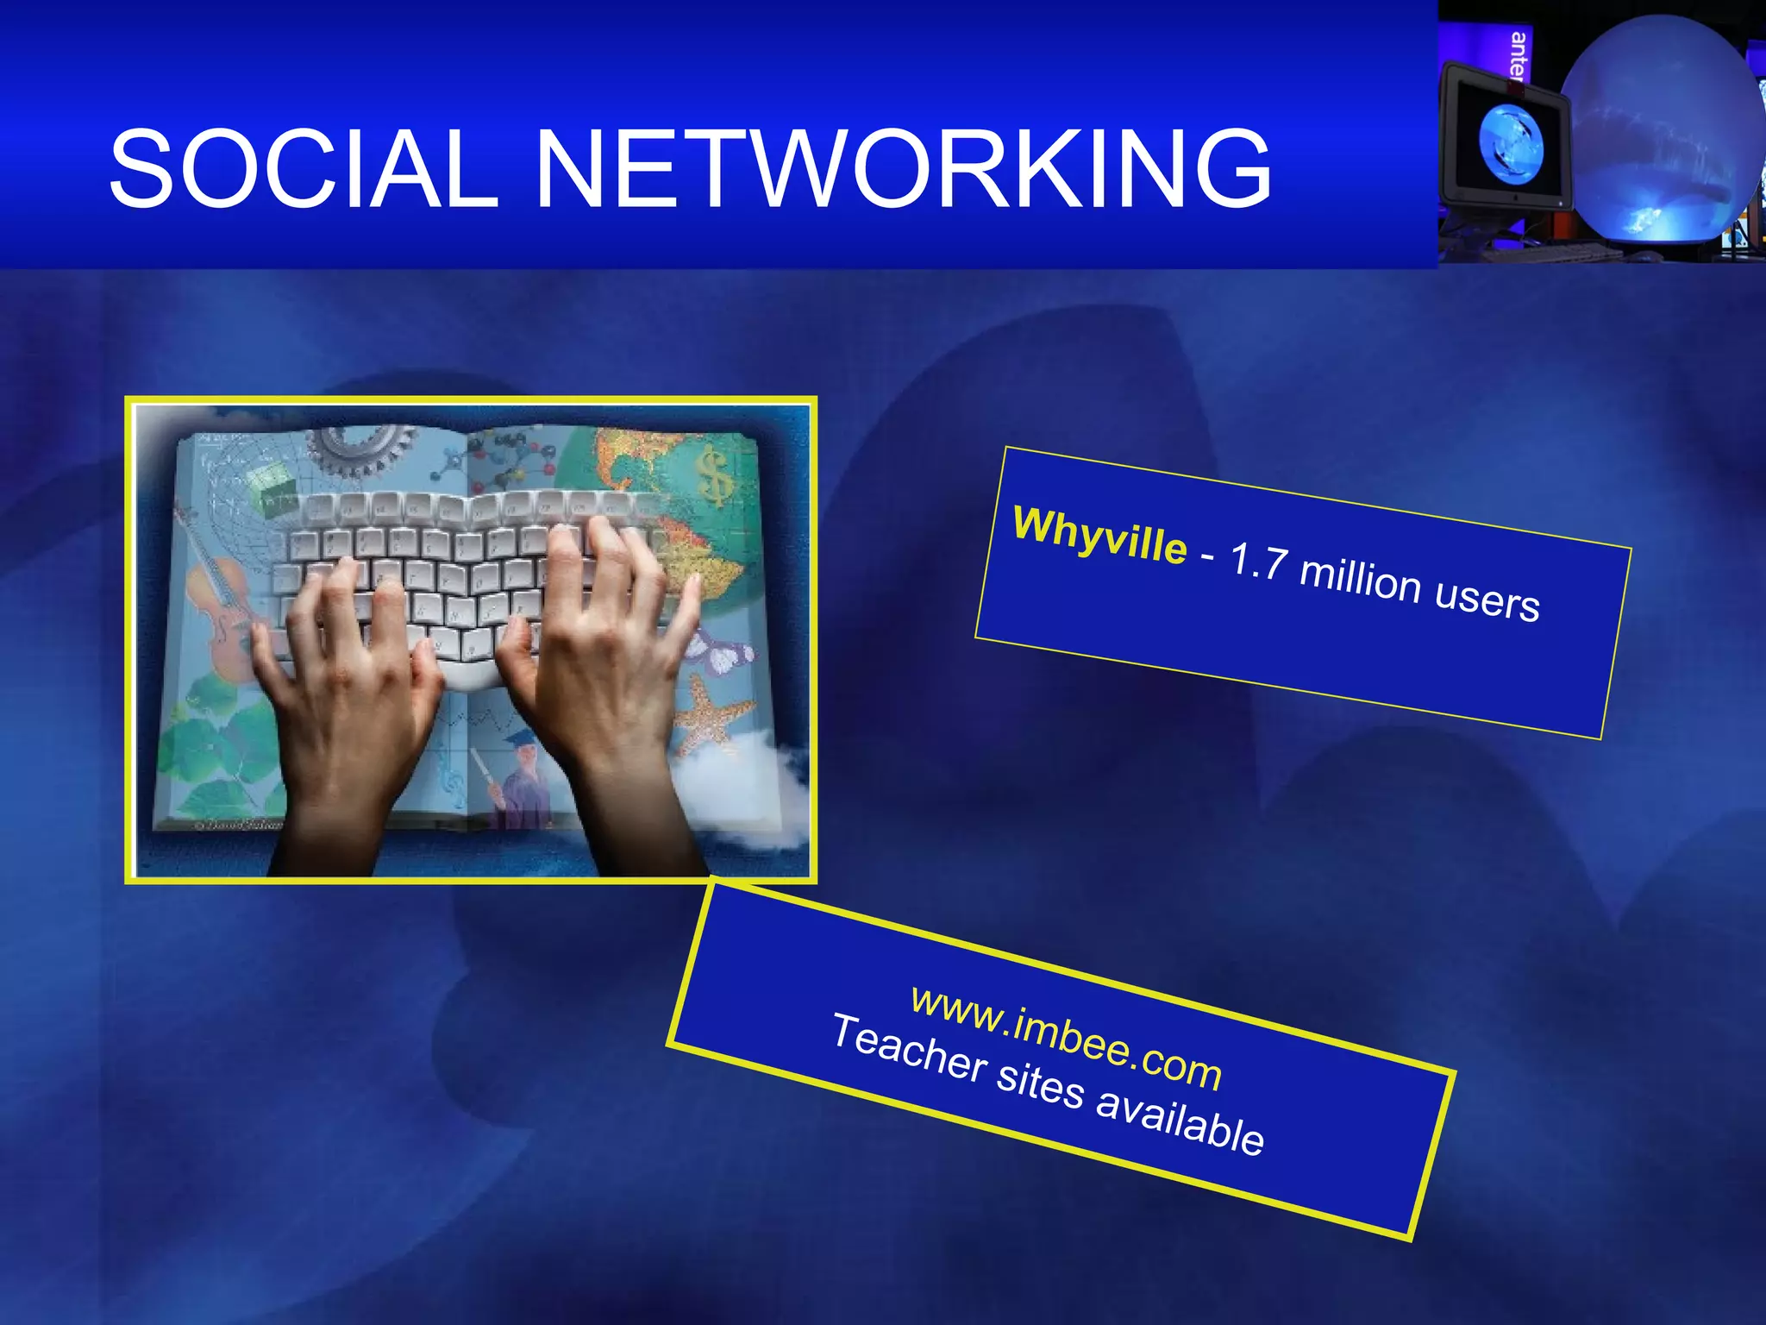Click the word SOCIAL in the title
tap(304, 169)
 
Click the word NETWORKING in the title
tap(902, 169)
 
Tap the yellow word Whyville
tap(1099, 536)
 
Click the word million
tap(1360, 581)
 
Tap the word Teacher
tap(909, 1046)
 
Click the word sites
tap(1040, 1084)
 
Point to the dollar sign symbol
tap(715, 475)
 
